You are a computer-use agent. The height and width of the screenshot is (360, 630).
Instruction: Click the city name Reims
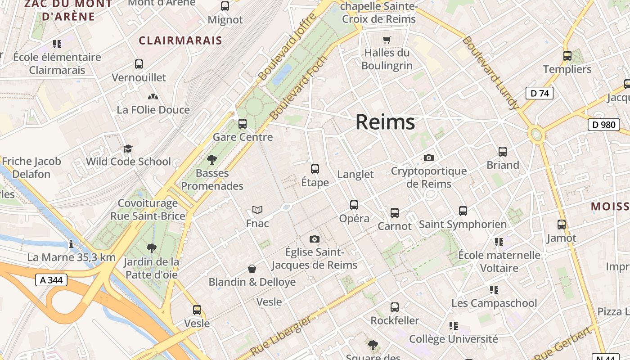[x=385, y=122]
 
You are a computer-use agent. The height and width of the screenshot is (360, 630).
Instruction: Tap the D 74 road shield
[x=539, y=93]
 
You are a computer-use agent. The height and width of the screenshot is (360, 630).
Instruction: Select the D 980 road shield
[x=603, y=124]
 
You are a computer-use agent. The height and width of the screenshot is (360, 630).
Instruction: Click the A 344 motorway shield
[x=51, y=280]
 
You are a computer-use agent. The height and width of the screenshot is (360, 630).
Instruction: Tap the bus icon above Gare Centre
[x=243, y=123]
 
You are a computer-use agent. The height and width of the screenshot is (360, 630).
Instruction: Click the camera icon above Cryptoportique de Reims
[x=429, y=157]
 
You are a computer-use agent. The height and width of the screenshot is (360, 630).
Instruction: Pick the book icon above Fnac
[x=257, y=210]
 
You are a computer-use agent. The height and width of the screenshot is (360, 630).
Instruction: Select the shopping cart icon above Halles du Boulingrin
[x=387, y=40]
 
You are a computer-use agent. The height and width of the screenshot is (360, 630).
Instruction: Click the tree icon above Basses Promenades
[x=212, y=159]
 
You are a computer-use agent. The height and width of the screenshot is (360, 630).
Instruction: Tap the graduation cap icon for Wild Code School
[x=128, y=148]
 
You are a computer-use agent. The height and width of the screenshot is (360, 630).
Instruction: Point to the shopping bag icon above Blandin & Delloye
[x=252, y=269]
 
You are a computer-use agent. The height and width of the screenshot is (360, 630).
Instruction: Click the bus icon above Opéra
[x=354, y=205]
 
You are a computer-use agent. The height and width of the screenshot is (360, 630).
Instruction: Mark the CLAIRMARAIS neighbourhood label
[x=180, y=40]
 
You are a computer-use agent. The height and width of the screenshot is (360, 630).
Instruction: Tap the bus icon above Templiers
[x=567, y=56]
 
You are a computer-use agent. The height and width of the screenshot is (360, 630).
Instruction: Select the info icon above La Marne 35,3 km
[x=71, y=244]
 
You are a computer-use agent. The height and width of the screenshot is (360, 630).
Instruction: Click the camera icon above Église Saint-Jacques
[x=315, y=239]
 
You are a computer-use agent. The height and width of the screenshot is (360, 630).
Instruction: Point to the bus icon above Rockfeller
[x=395, y=307]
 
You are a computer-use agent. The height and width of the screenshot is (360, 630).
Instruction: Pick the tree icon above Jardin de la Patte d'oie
[x=151, y=248]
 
